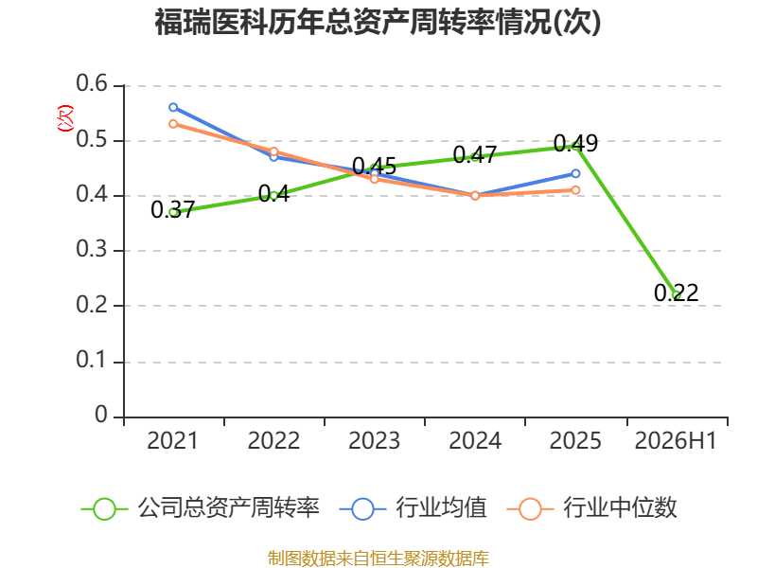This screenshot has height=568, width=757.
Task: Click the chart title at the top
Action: [378, 22]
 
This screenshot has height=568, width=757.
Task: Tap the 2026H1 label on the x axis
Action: [676, 440]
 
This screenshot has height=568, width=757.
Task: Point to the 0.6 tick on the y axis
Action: [92, 83]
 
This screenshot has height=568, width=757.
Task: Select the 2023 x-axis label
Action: [374, 440]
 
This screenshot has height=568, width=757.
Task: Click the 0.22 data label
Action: [676, 293]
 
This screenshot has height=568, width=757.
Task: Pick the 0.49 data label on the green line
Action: [575, 144]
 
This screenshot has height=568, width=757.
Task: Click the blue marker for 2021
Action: [173, 107]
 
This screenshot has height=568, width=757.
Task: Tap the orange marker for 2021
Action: [173, 124]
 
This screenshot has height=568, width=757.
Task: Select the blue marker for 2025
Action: [575, 173]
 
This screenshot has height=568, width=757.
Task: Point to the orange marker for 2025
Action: [575, 190]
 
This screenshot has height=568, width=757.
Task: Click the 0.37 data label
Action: [172, 209]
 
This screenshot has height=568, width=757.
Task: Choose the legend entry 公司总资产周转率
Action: [201, 508]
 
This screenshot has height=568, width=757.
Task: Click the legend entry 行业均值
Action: [414, 508]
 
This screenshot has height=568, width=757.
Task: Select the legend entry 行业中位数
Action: [592, 508]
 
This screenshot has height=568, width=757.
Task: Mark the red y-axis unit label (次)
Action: [65, 118]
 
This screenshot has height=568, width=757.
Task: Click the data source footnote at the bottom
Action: [378, 559]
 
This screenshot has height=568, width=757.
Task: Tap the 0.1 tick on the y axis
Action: [92, 360]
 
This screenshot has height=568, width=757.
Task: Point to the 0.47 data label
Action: [475, 155]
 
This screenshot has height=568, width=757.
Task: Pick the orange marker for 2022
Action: [273, 151]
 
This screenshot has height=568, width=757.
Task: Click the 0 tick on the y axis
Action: [101, 415]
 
